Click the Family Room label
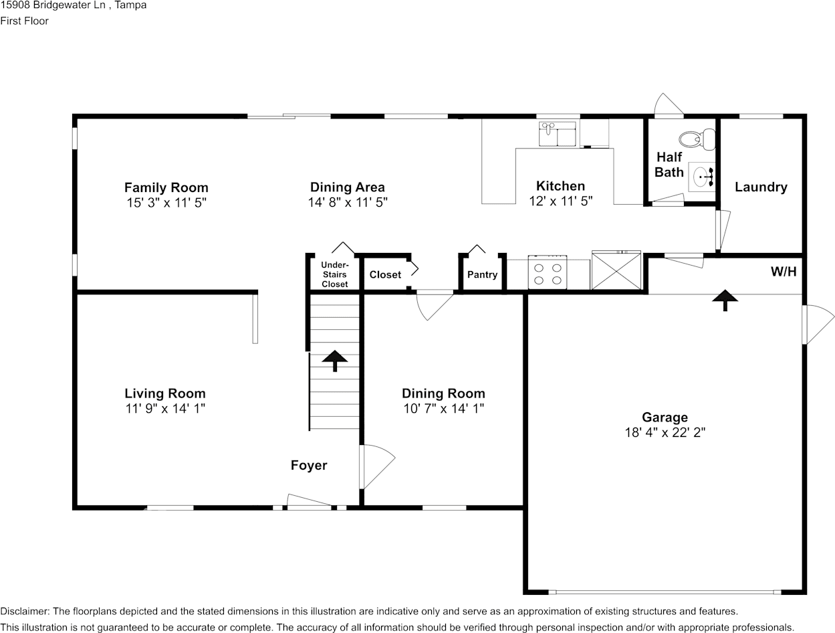click(166, 187)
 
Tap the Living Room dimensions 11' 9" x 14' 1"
click(165, 408)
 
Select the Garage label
click(665, 418)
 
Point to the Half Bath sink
click(703, 178)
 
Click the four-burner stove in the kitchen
click(548, 272)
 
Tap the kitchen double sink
click(558, 134)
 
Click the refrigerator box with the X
click(616, 270)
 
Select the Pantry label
click(482, 275)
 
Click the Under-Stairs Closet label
click(334, 274)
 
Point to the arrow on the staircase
click(335, 360)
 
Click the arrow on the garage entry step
click(723, 300)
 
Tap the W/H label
click(783, 272)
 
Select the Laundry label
click(761, 187)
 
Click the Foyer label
click(309, 465)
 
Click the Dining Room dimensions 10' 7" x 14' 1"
click(443, 408)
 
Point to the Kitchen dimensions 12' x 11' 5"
click(560, 201)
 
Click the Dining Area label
click(347, 187)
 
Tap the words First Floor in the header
click(25, 21)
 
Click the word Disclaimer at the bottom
click(23, 611)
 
